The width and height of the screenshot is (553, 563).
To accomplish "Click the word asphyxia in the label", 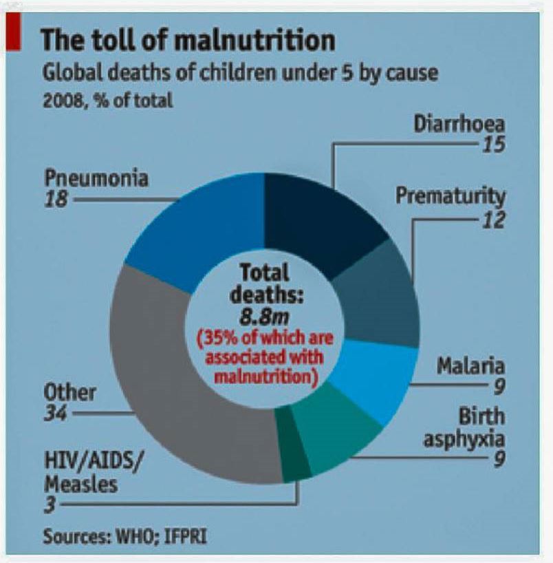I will click(464, 438).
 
